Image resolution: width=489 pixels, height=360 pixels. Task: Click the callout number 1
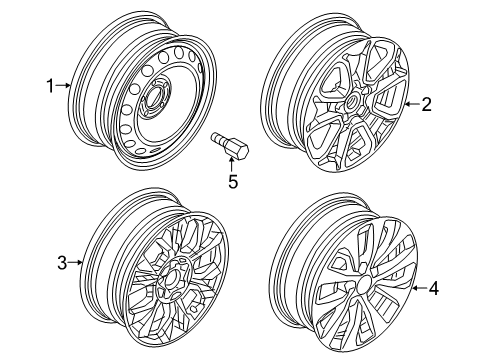[50, 86]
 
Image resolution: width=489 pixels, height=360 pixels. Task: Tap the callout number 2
[426, 104]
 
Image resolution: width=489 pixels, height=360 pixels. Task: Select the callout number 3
[62, 263]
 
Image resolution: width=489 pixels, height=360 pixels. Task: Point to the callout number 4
[433, 288]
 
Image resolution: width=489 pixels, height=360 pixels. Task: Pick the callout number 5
[233, 182]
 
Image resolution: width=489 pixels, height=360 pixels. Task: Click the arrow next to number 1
[63, 86]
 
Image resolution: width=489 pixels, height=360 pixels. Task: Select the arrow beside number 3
[75, 263]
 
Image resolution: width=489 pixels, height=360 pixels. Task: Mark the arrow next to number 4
[420, 288]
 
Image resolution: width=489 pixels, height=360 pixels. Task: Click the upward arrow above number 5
[232, 165]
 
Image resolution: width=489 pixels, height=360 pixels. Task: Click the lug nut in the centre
[230, 146]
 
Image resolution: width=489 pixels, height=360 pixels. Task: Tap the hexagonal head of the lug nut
[238, 151]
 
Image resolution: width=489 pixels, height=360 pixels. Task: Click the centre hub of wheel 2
[351, 101]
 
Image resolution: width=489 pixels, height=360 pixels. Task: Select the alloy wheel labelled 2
[335, 93]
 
